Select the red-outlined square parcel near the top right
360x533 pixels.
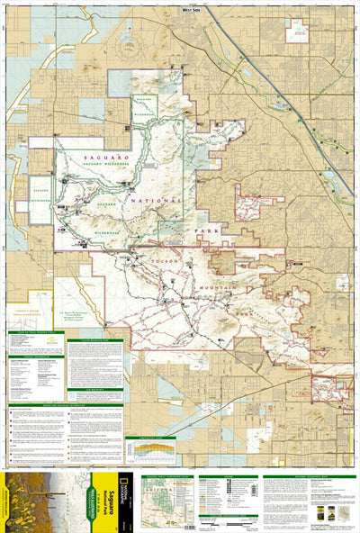(x=296, y=31)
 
